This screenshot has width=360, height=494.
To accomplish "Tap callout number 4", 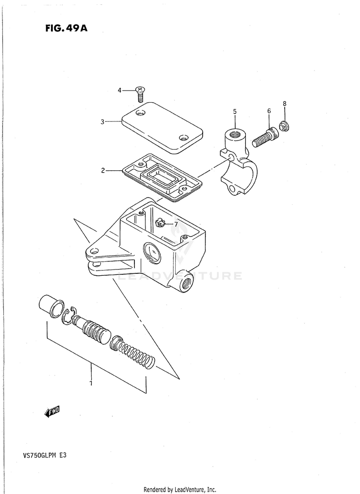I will pyautogui.click(x=120, y=90).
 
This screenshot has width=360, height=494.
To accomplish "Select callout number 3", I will pyautogui.click(x=102, y=122).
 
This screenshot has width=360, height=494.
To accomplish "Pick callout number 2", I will pyautogui.click(x=102, y=170).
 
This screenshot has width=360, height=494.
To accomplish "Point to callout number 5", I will pyautogui.click(x=235, y=112).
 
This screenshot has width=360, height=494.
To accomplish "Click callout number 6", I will pyautogui.click(x=269, y=111).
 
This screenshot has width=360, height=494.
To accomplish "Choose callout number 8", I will pyautogui.click(x=284, y=104).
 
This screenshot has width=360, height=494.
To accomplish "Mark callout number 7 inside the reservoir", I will pyautogui.click(x=176, y=224).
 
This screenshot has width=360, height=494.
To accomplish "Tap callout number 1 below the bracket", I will pyautogui.click(x=91, y=383).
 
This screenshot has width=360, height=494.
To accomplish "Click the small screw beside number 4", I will pyautogui.click(x=140, y=92).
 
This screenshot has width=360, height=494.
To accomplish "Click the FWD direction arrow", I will pyautogui.click(x=52, y=411).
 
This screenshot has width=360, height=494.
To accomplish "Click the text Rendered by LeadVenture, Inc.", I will pyautogui.click(x=180, y=489).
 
